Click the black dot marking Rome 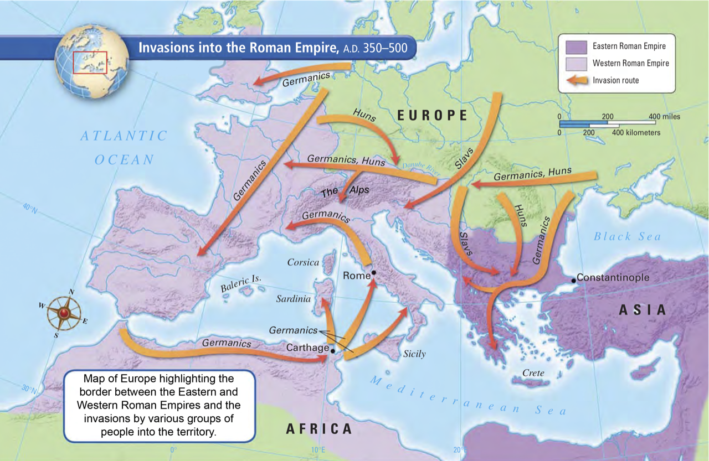[x=374, y=273]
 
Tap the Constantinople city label [x=613, y=277]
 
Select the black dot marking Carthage [x=332, y=351]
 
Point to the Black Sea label [x=628, y=236]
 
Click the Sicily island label [x=414, y=354]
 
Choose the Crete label [x=533, y=373]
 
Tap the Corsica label [x=303, y=262]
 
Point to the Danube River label [x=420, y=169]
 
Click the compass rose [x=64, y=313]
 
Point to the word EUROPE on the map [x=433, y=115]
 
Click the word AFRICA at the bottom [x=319, y=428]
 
